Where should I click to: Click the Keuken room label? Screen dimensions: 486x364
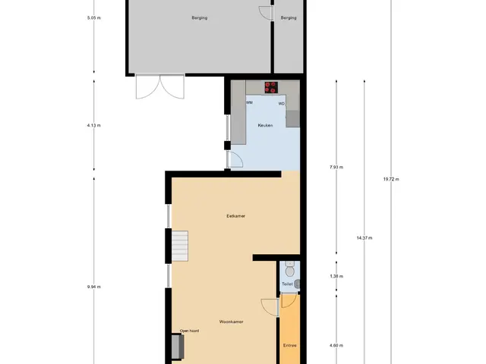(265, 125)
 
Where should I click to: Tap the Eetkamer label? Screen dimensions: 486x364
(236, 216)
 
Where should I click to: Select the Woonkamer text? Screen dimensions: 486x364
(231, 322)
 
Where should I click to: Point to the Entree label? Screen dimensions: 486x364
(290, 346)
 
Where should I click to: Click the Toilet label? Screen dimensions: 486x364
(287, 284)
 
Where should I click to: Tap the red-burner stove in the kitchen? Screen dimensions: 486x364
(271, 87)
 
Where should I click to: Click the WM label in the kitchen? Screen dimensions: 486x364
(249, 102)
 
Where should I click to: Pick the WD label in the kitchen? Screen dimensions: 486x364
(282, 104)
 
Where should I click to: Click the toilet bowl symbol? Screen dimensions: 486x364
(290, 269)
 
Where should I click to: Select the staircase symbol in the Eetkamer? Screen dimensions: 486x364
(180, 246)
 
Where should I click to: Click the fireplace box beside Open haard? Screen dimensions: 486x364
(178, 346)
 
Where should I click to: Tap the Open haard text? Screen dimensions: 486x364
(189, 331)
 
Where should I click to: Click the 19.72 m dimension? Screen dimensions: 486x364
(391, 179)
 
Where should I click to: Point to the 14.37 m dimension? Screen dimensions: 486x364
(364, 238)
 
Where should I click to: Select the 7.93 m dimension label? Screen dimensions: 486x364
(336, 167)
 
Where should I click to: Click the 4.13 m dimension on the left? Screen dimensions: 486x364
(94, 125)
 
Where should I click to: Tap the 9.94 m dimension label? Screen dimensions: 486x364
(94, 287)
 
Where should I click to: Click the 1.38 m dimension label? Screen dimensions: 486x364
(336, 276)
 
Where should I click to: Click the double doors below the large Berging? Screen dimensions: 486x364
(160, 86)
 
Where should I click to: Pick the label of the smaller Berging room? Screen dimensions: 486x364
(289, 18)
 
